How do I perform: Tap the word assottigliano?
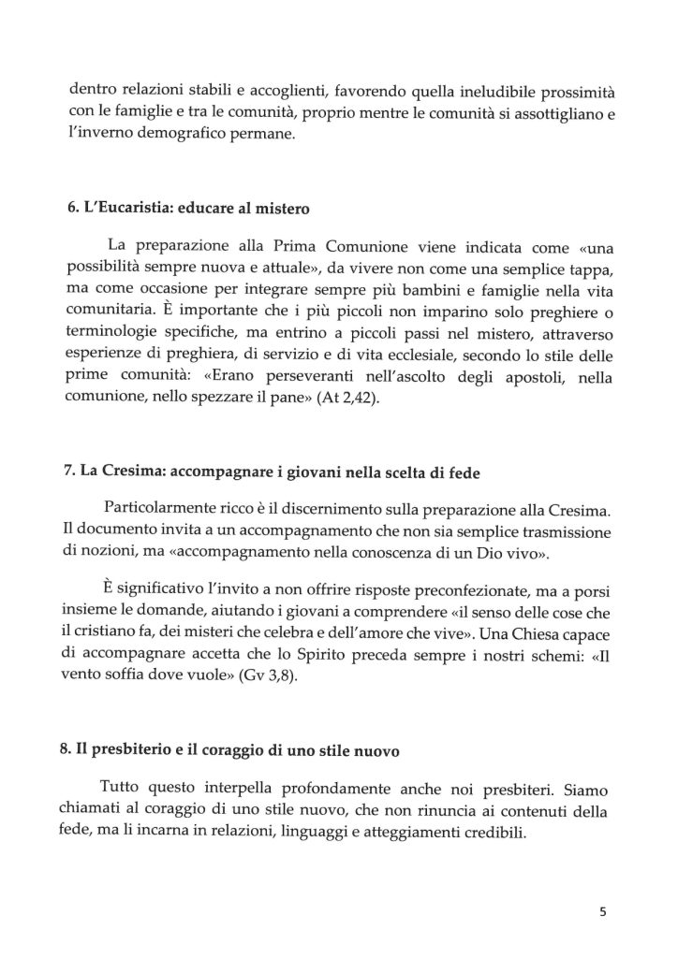point(538,115)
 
